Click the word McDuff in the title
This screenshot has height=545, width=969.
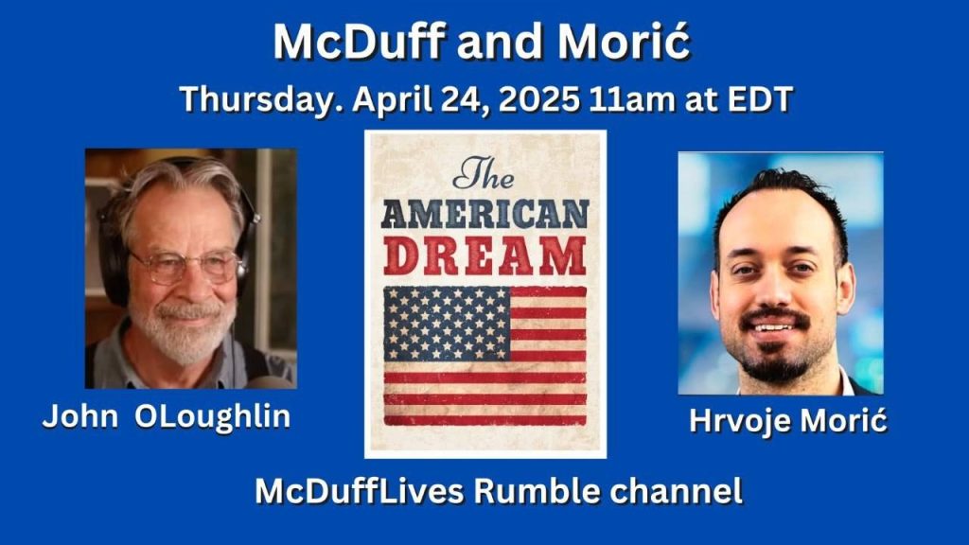(360, 42)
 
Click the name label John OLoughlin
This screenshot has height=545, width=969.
(167, 417)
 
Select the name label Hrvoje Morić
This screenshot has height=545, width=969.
(788, 421)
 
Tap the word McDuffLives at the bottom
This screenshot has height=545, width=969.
(359, 491)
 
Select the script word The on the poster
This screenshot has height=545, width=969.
(484, 173)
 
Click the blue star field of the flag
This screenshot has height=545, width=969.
(447, 324)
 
